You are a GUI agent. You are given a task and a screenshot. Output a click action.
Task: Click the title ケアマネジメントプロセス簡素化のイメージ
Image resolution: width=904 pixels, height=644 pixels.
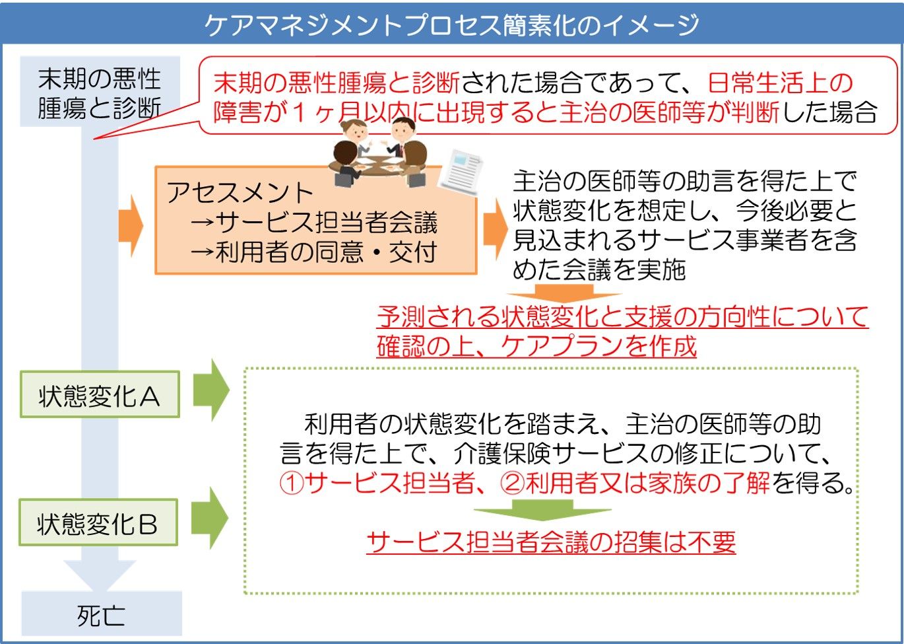pos(451,24)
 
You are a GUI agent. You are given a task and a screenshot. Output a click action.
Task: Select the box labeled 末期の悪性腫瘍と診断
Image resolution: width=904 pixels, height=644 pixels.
pos(100,92)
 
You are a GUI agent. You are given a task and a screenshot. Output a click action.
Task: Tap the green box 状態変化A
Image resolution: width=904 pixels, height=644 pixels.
pos(100,396)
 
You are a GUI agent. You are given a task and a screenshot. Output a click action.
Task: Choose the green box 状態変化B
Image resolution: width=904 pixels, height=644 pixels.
pos(98,523)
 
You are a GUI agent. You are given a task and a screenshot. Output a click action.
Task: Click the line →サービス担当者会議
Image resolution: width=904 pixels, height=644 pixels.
pos(313,223)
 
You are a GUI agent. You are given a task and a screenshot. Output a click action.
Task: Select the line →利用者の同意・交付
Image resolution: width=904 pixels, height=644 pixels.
pos(313,252)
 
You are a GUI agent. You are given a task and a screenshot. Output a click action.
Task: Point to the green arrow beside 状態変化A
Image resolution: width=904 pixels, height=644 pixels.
pos(211,390)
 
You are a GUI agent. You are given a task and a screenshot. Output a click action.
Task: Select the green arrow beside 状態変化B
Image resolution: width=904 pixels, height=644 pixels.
pos(210,519)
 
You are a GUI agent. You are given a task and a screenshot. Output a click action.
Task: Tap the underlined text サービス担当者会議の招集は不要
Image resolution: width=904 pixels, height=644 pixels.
pos(551,543)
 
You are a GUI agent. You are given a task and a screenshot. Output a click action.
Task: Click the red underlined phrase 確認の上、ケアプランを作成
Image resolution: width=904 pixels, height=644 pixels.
pos(536,346)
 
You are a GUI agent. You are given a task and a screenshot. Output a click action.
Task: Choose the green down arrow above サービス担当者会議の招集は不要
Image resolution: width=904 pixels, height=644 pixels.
pos(542,509)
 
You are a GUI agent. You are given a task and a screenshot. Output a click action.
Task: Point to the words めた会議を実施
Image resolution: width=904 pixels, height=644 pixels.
pos(598,269)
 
